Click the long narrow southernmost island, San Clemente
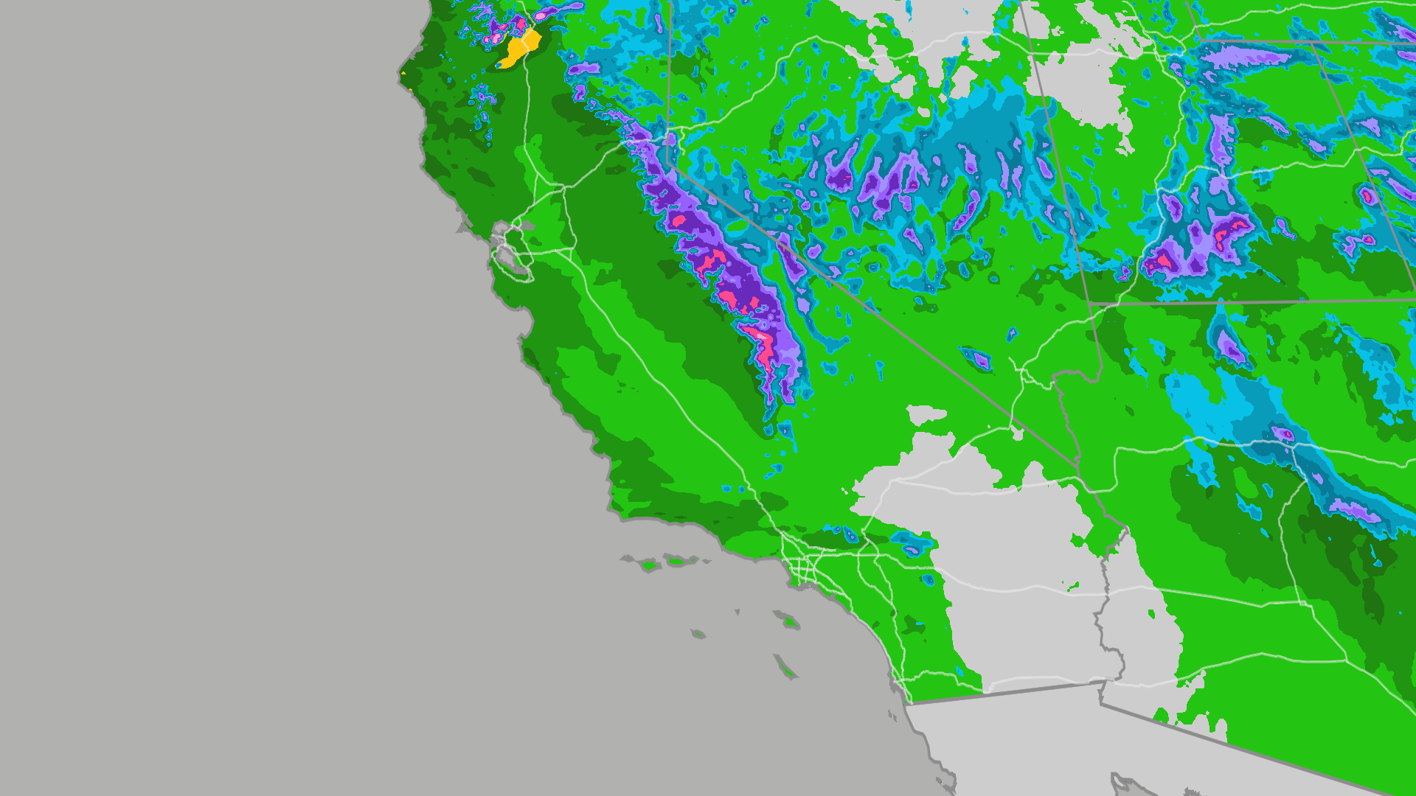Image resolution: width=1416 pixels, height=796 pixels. click(785, 667)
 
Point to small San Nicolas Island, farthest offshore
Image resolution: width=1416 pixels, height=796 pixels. click(698, 633)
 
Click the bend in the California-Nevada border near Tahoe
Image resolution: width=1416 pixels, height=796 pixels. click(668, 163)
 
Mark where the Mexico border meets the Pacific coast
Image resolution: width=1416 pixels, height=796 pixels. click(906, 704)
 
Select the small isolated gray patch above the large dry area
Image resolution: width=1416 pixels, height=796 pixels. click(926, 414)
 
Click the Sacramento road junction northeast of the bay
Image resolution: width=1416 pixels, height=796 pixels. click(562, 189)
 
